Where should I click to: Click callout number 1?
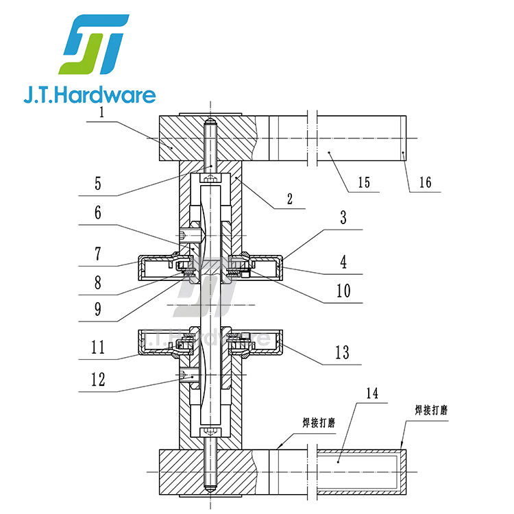click(x=101, y=112)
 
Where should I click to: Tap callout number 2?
click(x=290, y=199)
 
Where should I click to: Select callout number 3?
click(x=343, y=218)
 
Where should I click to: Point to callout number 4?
click(x=343, y=262)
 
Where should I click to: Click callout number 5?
click(x=98, y=184)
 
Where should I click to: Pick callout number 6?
click(x=98, y=212)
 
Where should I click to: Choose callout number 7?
click(x=98, y=254)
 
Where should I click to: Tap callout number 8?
click(x=98, y=282)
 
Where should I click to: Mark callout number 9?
click(x=98, y=309)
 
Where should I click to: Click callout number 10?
click(x=343, y=291)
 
